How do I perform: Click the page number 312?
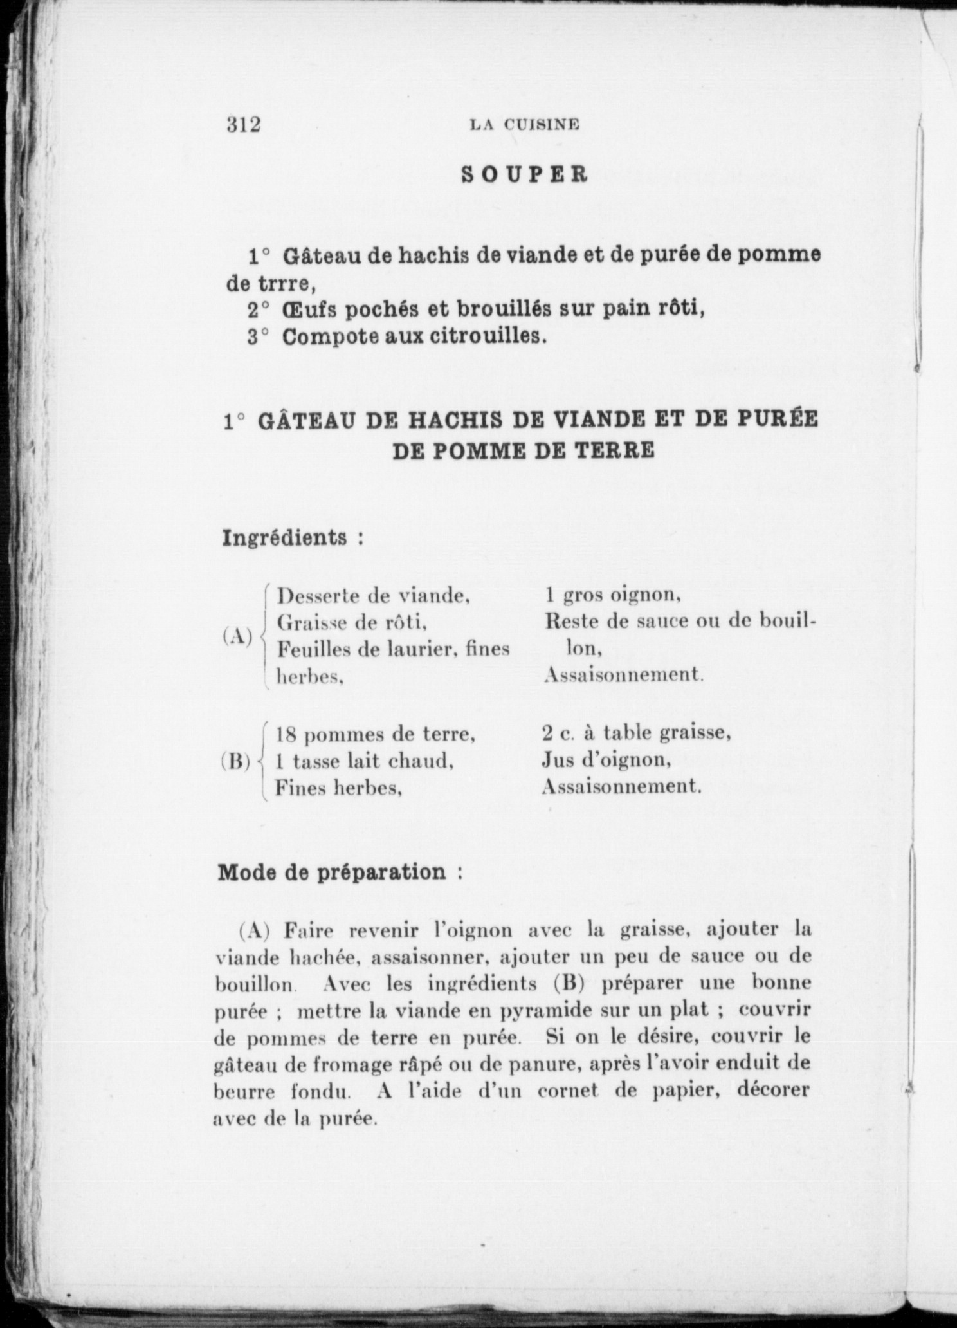point(243,124)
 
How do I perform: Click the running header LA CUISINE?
point(524,125)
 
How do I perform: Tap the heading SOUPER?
point(524,175)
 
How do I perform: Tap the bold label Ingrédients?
point(286,537)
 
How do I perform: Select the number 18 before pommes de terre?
point(286,734)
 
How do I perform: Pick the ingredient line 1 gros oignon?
point(612,595)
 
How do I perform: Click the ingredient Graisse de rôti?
point(352,622)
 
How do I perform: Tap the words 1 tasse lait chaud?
point(365,761)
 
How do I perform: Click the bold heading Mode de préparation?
point(332,872)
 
